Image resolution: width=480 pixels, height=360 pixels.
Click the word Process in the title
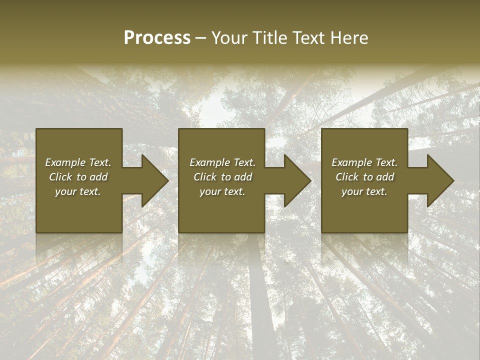tap(157, 38)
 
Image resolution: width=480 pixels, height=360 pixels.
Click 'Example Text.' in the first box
tap(78, 162)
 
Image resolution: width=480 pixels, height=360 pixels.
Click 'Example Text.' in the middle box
tap(222, 162)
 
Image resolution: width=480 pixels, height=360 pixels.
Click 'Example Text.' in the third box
tap(364, 162)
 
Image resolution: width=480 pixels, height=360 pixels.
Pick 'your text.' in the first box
tap(78, 191)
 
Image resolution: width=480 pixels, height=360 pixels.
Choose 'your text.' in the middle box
tap(222, 191)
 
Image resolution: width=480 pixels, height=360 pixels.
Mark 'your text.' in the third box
tap(364, 191)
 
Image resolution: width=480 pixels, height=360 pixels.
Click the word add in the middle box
tap(243, 177)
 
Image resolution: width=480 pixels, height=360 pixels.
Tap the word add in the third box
tap(385, 177)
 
